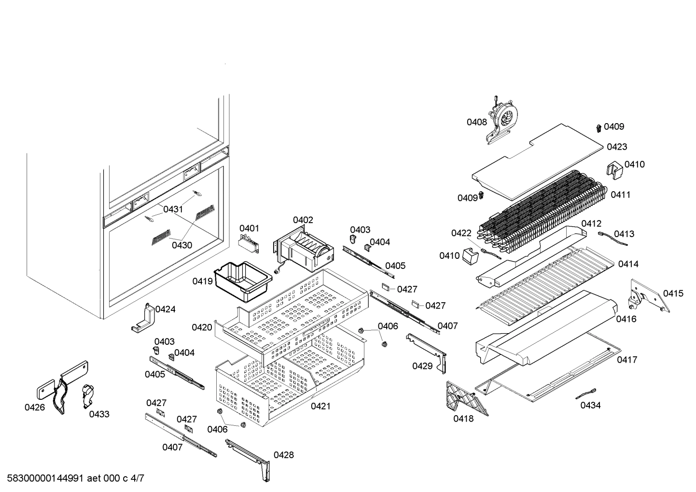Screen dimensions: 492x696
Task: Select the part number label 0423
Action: (617, 147)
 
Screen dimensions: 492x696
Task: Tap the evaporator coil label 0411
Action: (620, 195)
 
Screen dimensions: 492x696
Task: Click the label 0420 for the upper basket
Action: (202, 327)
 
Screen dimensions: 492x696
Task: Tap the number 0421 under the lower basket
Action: (320, 406)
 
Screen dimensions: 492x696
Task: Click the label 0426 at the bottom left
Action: (35, 408)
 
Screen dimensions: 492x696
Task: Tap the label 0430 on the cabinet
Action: (182, 245)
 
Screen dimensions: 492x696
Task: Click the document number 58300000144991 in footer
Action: (43, 478)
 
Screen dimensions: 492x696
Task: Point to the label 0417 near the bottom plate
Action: (627, 360)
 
